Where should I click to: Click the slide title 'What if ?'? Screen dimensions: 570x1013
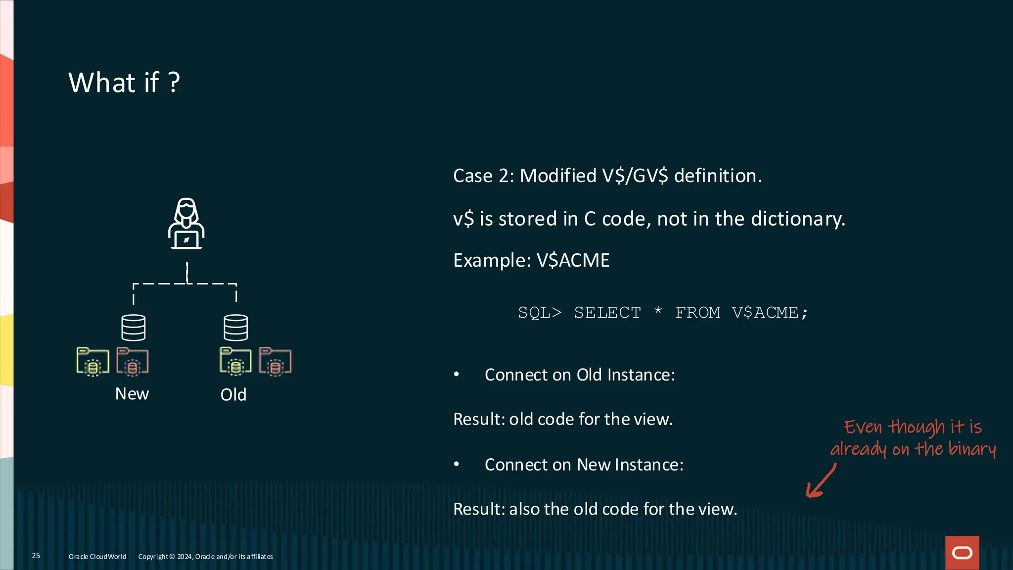(x=124, y=82)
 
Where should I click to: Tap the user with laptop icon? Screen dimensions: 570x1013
(x=186, y=224)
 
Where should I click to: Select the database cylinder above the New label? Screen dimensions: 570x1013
(x=134, y=328)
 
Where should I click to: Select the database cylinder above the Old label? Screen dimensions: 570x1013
(x=236, y=328)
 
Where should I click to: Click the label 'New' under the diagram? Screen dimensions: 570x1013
(x=132, y=394)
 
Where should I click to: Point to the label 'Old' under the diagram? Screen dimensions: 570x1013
(x=233, y=395)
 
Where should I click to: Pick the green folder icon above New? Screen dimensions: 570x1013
(x=92, y=362)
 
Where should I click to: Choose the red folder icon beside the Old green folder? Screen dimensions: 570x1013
(x=276, y=362)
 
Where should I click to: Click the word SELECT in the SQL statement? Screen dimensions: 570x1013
(x=607, y=313)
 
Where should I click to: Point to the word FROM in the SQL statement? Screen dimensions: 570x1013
(x=697, y=313)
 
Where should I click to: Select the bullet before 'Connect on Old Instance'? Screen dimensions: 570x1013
(x=457, y=375)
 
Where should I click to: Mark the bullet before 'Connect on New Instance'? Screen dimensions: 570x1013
(x=457, y=465)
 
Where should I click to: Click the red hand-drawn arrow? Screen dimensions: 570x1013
(x=821, y=481)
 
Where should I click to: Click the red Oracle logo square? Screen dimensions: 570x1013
(x=962, y=553)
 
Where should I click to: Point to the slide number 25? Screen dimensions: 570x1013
(x=36, y=556)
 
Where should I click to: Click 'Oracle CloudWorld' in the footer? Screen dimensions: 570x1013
(x=97, y=557)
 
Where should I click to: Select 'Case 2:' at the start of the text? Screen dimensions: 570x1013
(x=484, y=176)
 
